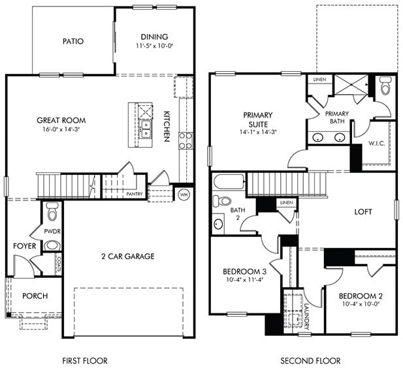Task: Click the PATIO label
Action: (x=73, y=41)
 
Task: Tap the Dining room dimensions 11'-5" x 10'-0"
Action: (x=154, y=46)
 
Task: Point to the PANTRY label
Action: (x=134, y=194)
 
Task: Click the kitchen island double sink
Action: (x=146, y=128)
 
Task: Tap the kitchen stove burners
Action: (x=185, y=141)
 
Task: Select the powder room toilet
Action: (x=52, y=211)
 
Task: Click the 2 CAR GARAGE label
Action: (x=128, y=256)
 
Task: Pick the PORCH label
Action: (x=35, y=296)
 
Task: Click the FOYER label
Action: (x=24, y=246)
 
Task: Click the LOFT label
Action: (x=363, y=212)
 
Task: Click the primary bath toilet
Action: (x=384, y=86)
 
